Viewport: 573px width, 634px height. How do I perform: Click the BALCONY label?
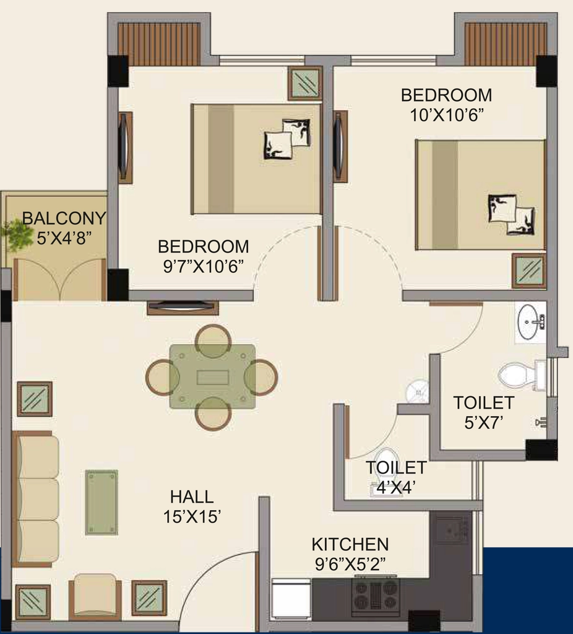(64, 219)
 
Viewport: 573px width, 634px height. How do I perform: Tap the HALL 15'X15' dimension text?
(192, 517)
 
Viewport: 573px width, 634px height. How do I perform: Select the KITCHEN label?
(350, 544)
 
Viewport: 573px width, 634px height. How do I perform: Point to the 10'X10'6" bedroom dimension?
(447, 116)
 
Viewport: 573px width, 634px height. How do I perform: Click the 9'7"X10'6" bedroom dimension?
(204, 267)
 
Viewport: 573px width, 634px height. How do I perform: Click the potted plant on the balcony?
(17, 235)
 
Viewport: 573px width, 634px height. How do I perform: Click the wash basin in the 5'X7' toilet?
(531, 322)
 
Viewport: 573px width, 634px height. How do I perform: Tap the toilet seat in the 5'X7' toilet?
(517, 376)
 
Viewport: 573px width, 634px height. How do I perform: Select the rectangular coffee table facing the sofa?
(101, 502)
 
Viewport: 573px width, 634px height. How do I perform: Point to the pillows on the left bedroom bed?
(288, 139)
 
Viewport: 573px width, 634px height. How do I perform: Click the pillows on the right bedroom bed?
(512, 214)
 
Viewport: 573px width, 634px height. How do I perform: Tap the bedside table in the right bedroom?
(529, 271)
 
